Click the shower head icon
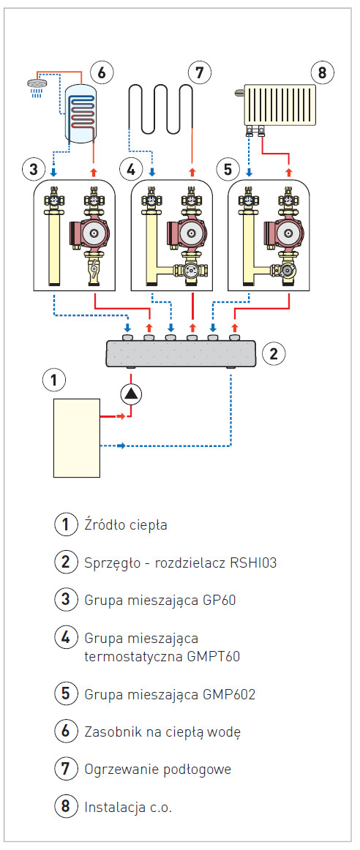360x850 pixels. (x=37, y=84)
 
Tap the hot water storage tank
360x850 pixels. (x=80, y=113)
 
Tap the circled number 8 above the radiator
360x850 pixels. (x=322, y=72)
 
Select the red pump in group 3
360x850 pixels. (x=89, y=233)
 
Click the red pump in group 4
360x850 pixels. (x=187, y=233)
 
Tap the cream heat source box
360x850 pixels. (x=76, y=437)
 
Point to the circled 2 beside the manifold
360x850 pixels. (x=273, y=354)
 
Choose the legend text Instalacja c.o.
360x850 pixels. (x=128, y=807)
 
